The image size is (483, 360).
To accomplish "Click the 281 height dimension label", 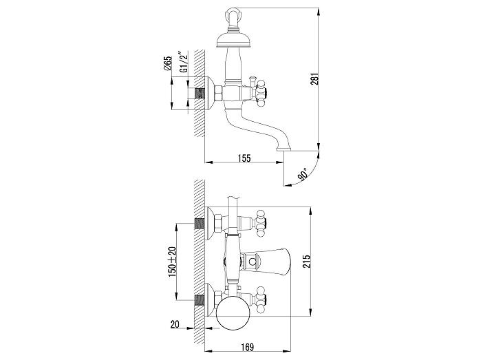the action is pyautogui.click(x=314, y=78).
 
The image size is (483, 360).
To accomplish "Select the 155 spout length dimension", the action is pyautogui.click(x=244, y=158).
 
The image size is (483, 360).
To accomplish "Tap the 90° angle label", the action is pyautogui.click(x=303, y=174).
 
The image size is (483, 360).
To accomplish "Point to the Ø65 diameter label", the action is pyautogui.click(x=168, y=63).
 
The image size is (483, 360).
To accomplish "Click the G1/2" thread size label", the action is pyautogui.click(x=183, y=62).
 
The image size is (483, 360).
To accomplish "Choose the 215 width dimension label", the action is pyautogui.click(x=306, y=262).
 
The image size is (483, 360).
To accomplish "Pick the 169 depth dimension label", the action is pyautogui.click(x=247, y=348).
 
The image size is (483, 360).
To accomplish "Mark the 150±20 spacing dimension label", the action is pyautogui.click(x=172, y=262).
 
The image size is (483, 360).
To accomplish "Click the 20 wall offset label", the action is pyautogui.click(x=175, y=325).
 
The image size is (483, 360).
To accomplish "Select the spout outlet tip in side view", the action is pyautogui.click(x=283, y=149).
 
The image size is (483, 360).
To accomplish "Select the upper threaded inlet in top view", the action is pyautogui.click(x=200, y=223).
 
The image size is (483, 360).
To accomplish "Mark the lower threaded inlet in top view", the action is pyautogui.click(x=200, y=299).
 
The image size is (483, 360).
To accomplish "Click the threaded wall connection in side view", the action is pyautogui.click(x=200, y=93).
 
